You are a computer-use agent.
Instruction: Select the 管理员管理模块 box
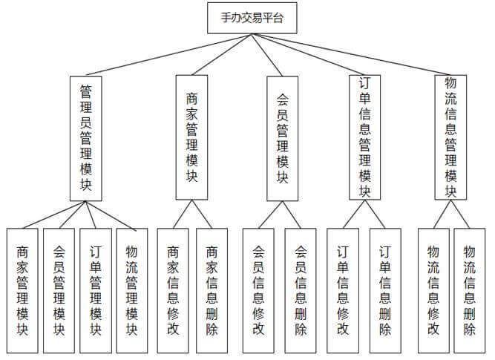coord(86,137)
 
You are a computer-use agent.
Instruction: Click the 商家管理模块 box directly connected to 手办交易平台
coord(191,137)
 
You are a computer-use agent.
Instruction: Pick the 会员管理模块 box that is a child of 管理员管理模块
coord(59,290)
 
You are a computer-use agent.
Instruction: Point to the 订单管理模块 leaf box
coord(95,290)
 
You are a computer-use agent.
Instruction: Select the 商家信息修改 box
coord(172,290)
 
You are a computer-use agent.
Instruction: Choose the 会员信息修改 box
coord(258,290)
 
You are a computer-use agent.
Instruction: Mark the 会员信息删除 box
coord(300,290)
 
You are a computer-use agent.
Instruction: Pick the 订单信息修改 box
coord(343,290)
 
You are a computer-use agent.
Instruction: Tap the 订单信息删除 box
coord(385,290)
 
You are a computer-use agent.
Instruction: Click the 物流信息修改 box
coord(433,290)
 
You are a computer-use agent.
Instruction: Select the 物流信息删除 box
coord(469,290)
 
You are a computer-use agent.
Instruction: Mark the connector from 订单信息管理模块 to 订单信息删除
coord(375,213)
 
